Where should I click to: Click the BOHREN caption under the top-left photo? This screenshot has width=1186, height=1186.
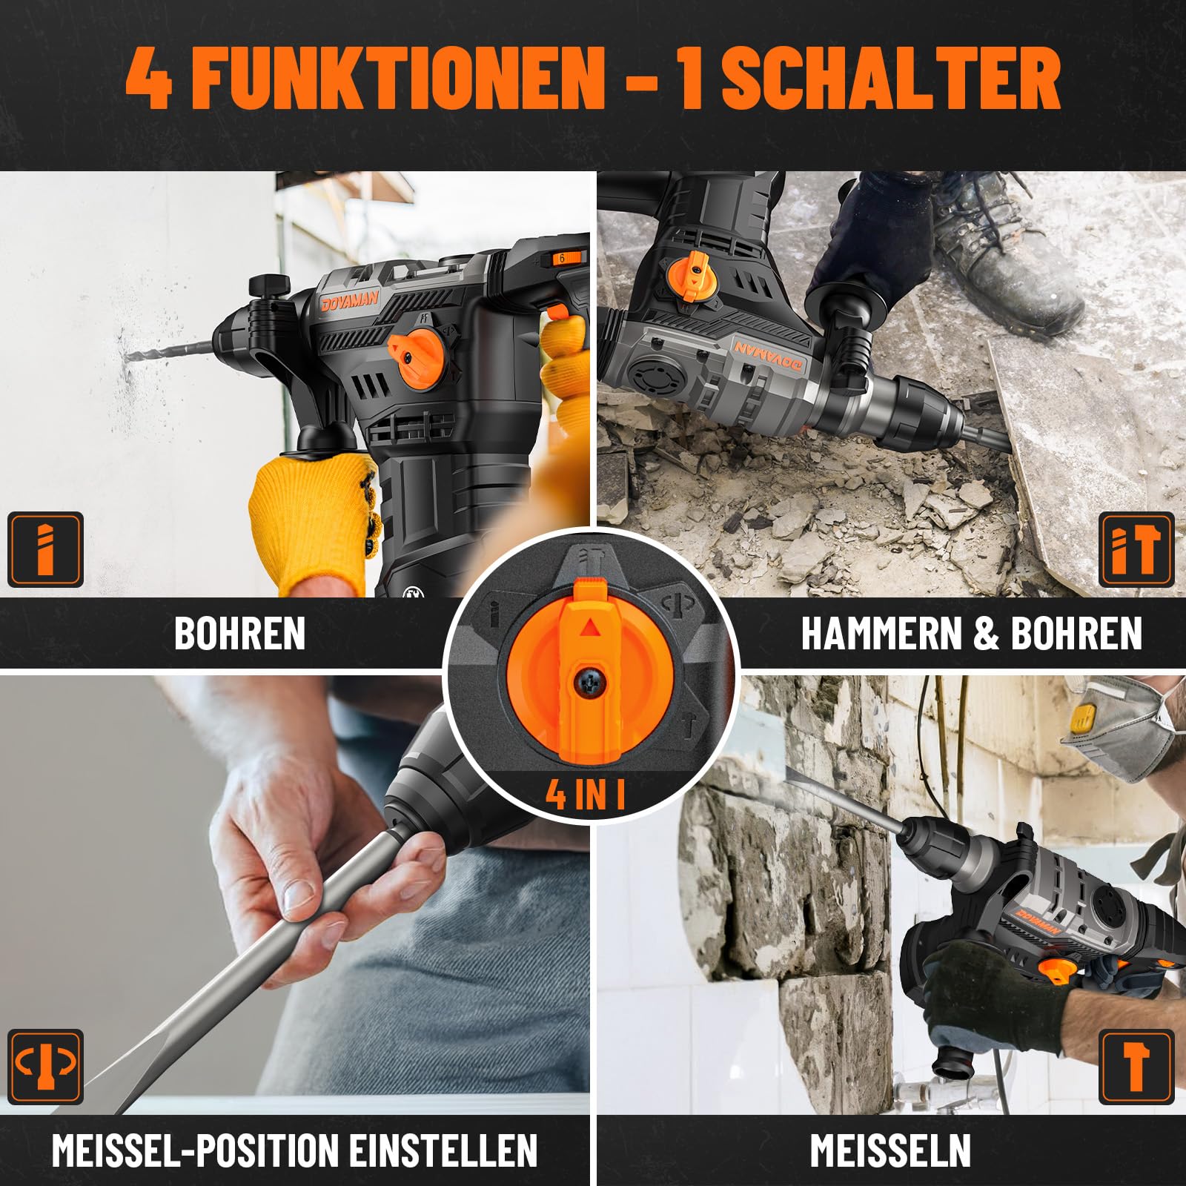pyautogui.click(x=239, y=634)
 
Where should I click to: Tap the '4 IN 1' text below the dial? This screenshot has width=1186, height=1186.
pyautogui.click(x=586, y=794)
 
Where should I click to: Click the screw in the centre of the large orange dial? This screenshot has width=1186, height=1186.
pyautogui.click(x=591, y=680)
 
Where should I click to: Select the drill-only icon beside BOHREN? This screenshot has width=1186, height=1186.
pyautogui.click(x=45, y=549)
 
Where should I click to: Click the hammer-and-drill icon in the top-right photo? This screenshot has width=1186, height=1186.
pyautogui.click(x=1136, y=549)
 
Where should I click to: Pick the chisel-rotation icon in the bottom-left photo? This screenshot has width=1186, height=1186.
pyautogui.click(x=45, y=1066)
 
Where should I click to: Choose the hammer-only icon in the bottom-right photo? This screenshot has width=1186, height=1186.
pyautogui.click(x=1136, y=1066)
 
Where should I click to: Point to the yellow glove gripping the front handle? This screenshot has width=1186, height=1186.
pyautogui.click(x=315, y=519)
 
